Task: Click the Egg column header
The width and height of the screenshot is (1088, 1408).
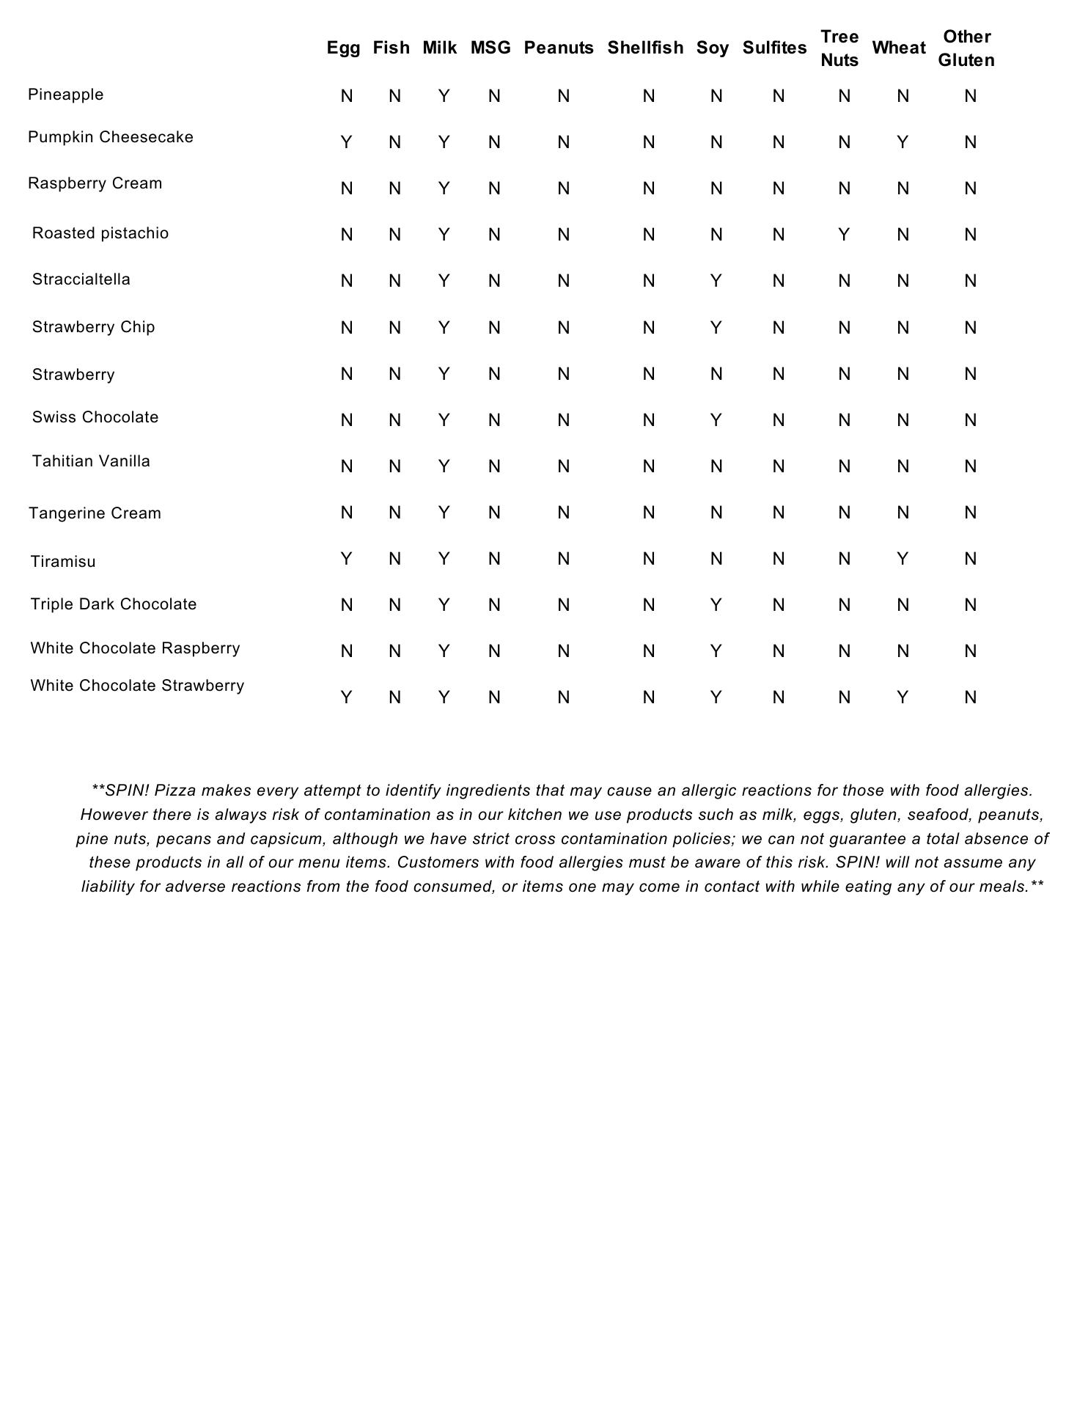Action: click(343, 48)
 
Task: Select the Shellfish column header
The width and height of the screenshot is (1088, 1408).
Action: click(645, 48)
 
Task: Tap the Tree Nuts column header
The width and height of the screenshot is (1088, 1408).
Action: click(839, 48)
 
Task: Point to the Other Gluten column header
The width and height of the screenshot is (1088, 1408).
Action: click(966, 48)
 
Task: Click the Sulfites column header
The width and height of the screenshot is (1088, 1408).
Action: click(774, 48)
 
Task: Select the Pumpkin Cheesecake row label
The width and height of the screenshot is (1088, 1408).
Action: click(111, 138)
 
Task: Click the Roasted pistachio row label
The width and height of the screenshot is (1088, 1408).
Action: click(100, 234)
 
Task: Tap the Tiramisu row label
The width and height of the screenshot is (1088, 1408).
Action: click(63, 562)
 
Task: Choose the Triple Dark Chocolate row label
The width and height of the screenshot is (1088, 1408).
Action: click(114, 605)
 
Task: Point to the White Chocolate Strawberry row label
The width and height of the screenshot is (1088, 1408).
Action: click(137, 686)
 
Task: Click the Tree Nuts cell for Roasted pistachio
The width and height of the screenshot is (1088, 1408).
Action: click(844, 235)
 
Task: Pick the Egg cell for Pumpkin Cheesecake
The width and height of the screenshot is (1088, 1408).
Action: click(347, 143)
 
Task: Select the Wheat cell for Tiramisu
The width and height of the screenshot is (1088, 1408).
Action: click(903, 560)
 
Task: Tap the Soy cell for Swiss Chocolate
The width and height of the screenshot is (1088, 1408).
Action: click(716, 421)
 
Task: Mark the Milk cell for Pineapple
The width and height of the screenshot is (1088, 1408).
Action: click(444, 97)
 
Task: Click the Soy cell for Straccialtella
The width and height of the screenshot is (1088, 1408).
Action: click(716, 282)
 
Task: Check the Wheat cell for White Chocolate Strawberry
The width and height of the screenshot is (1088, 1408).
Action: click(903, 698)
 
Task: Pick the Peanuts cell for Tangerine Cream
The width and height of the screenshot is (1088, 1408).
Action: click(563, 513)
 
